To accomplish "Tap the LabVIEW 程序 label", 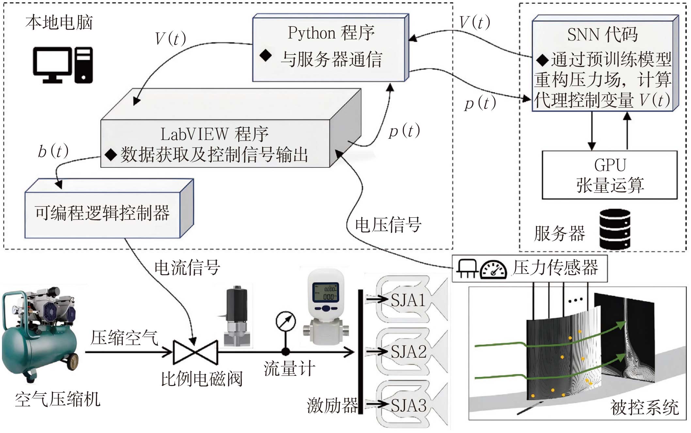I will click(x=214, y=134).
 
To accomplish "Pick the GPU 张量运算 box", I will click(x=609, y=175).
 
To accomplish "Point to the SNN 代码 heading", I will click(x=602, y=35).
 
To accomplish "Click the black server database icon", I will click(x=615, y=229).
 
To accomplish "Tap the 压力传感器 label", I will click(x=555, y=268).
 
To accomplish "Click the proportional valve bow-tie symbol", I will click(x=195, y=352).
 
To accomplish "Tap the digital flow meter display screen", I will click(x=325, y=291).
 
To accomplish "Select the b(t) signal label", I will click(x=53, y=151).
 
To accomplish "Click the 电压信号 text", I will click(x=388, y=225).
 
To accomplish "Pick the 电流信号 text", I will click(x=187, y=268).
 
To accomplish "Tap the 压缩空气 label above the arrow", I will click(x=124, y=338).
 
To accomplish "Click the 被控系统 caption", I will click(x=644, y=408).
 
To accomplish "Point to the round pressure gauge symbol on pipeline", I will click(x=286, y=321).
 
